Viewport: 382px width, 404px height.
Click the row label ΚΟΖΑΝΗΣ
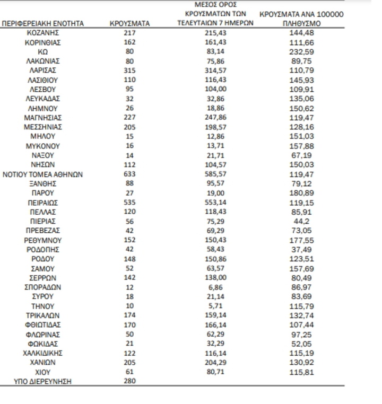coord(42,33)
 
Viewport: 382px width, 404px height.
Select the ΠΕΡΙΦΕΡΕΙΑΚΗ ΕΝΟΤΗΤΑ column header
coord(42,23)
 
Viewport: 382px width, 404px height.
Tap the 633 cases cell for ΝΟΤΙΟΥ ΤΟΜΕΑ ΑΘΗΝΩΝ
coord(130,174)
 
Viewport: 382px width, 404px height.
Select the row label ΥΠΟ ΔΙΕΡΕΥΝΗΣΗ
coord(42,381)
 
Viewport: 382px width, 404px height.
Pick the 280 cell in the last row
coord(130,381)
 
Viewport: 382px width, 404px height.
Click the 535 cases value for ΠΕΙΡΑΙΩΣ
coord(130,202)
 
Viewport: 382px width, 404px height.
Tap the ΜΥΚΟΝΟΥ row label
coord(42,146)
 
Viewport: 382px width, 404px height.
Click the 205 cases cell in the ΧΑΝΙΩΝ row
coord(130,362)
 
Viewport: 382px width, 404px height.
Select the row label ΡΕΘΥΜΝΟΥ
coord(42,240)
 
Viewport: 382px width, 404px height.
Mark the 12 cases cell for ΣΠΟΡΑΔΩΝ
coord(130,287)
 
